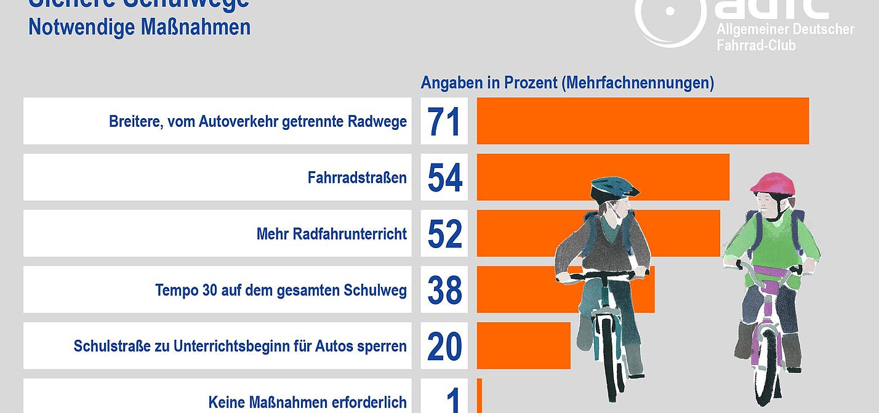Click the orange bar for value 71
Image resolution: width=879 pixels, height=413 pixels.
642,121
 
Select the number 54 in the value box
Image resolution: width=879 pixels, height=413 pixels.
444,177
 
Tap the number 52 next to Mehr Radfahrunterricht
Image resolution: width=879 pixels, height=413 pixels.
444,233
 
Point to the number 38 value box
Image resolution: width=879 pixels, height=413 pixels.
444,290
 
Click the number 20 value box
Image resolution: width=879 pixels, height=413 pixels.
444,346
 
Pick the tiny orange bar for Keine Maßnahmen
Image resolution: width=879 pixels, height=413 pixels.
479,395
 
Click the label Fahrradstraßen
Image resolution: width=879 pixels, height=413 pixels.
357,178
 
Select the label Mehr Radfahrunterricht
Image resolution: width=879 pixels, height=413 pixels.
331,234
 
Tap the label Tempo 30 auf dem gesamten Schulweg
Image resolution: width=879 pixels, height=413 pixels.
281,290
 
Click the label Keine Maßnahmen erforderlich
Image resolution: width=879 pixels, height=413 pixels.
307,403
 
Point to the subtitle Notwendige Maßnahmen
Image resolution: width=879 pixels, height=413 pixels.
139,27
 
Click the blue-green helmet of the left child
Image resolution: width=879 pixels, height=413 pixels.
615,187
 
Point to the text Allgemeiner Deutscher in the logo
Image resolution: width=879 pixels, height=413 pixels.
785,29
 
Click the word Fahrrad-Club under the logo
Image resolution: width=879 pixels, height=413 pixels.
756,45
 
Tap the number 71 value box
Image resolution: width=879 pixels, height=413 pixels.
444,121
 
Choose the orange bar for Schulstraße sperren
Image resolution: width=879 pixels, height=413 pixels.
523,346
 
